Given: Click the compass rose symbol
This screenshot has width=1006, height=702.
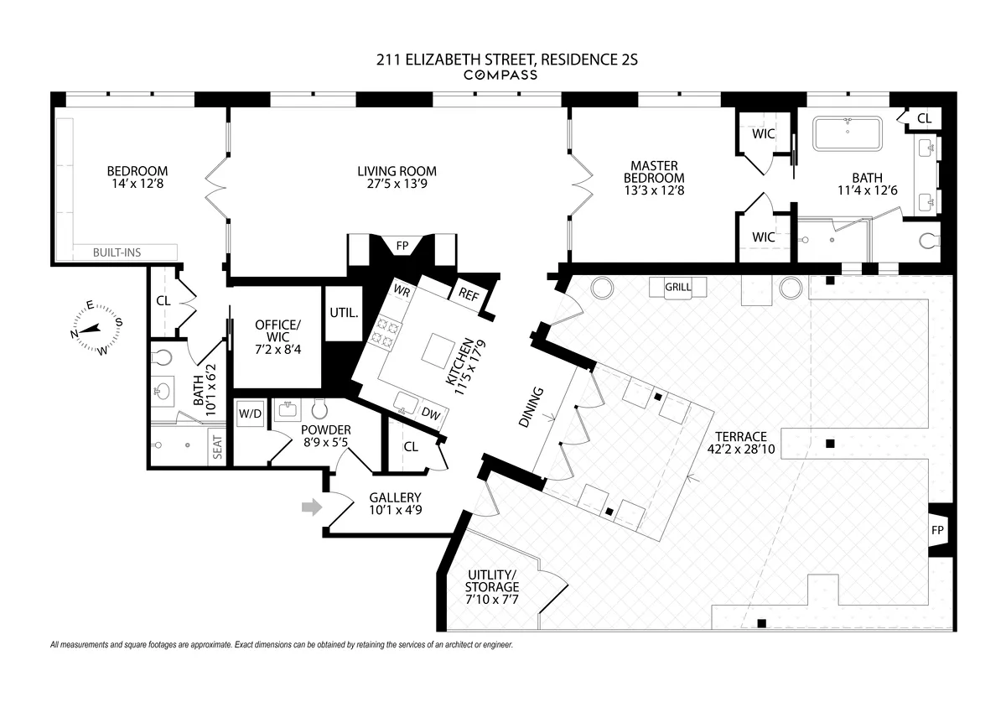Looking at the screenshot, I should pos(96,330).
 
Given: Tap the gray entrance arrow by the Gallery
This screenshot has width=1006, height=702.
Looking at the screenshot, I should pos(312,507).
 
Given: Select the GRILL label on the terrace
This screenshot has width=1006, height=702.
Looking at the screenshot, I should pos(677,287).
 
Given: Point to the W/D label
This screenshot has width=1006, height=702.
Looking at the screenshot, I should pos(249,413).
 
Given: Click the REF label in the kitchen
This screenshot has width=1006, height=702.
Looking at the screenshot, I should pos(467,294).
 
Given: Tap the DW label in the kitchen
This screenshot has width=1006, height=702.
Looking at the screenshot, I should pos(432,413).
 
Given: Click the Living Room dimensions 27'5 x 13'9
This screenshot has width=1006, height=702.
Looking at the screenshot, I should pos(397,185).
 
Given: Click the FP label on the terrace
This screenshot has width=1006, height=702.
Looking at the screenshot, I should pos(936,530).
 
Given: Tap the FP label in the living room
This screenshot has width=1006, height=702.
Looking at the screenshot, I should pos(402,246).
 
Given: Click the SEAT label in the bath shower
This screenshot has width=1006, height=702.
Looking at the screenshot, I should pos(218,450).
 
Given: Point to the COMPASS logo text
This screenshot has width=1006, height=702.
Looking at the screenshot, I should pos(500,75).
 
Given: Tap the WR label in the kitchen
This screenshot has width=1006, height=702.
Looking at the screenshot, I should pos(402,292).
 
